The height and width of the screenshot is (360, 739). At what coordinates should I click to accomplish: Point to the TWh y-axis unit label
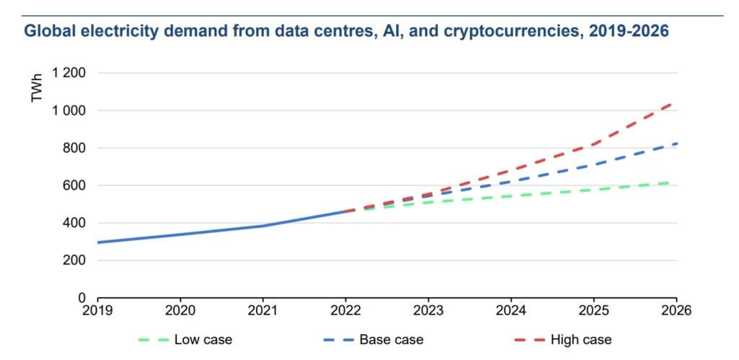coord(38,87)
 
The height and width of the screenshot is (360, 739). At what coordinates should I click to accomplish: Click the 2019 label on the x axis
coord(98,311)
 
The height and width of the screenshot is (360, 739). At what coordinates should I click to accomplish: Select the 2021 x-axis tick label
coord(263,311)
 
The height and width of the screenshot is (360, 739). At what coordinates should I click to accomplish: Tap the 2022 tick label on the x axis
coord(346,311)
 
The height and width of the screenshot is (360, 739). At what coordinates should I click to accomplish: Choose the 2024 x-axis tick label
coord(511,311)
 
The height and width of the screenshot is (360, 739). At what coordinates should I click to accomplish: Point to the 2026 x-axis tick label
coord(675,311)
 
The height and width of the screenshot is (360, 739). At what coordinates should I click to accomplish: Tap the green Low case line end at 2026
coord(675,183)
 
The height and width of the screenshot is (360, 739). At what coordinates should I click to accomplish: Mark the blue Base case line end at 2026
coord(675,144)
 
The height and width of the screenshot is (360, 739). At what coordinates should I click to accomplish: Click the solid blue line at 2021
coord(263,226)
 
